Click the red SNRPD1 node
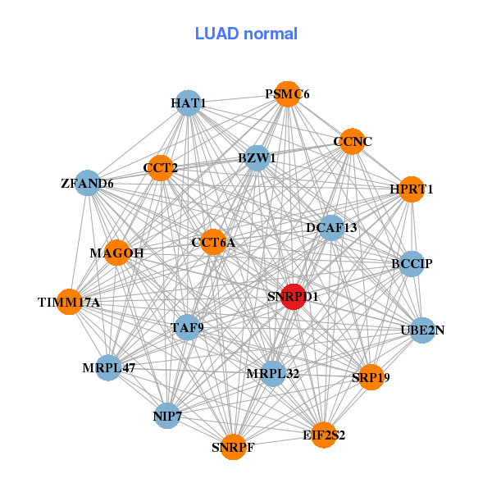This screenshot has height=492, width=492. [x=294, y=297]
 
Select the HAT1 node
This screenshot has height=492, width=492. [x=189, y=103]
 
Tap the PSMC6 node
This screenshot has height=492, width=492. [x=287, y=94]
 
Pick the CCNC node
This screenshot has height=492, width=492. [x=351, y=142]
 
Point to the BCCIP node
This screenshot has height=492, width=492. [x=412, y=264]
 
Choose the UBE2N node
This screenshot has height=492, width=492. [x=422, y=330]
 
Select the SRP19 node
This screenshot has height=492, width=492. [x=371, y=377]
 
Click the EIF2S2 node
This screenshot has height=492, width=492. [x=324, y=435]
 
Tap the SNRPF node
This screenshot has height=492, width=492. [x=233, y=447]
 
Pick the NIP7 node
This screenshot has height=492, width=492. [x=167, y=416]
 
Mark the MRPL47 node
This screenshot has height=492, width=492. [x=109, y=367]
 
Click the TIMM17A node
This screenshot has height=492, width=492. [x=70, y=303]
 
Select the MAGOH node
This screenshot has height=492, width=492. [x=117, y=253]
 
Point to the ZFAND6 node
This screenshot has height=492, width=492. [x=87, y=183]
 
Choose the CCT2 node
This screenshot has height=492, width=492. [x=161, y=168]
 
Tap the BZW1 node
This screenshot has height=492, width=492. [x=257, y=157]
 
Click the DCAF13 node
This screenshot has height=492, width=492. [x=331, y=227]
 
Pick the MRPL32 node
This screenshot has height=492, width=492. [x=273, y=374]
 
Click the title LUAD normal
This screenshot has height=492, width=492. [x=246, y=34]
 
